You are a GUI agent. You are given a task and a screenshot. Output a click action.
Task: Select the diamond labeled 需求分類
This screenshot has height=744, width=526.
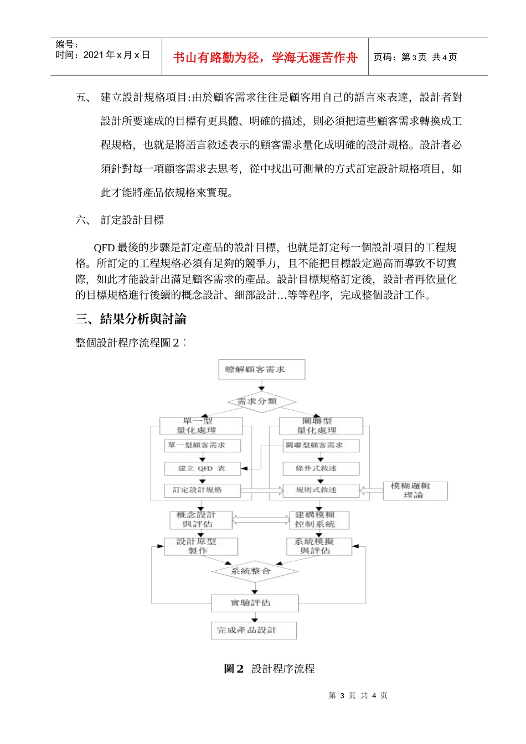(x=262, y=401)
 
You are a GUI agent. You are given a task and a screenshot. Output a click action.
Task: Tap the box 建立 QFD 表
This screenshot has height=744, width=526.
(x=202, y=468)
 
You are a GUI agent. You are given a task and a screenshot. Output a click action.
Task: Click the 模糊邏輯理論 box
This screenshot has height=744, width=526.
(x=415, y=490)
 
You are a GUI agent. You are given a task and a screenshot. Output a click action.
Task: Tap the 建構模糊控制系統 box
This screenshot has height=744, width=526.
(x=319, y=520)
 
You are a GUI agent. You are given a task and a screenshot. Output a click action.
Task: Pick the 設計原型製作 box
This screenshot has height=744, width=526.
(x=200, y=546)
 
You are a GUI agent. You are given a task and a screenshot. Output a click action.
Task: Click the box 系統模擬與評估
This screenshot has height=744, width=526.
(x=319, y=546)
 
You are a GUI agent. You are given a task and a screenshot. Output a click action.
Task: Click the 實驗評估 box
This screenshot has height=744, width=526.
(x=255, y=603)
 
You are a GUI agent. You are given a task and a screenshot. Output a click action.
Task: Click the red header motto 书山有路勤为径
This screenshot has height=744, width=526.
(x=265, y=58)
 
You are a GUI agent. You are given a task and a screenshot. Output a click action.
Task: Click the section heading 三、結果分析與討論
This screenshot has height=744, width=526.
(x=131, y=319)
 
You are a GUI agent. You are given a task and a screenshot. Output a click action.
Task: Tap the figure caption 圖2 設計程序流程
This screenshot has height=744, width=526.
(x=269, y=669)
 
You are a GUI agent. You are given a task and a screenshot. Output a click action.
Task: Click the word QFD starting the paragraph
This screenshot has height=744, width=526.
(x=104, y=247)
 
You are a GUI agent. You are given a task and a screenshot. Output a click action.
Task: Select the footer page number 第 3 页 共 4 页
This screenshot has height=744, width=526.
(x=358, y=695)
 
